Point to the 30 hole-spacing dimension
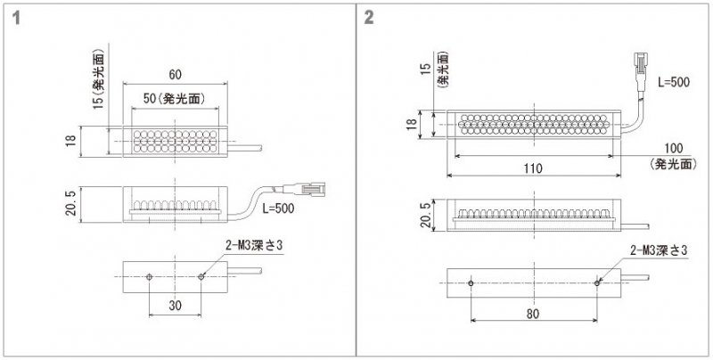click(x=175, y=305)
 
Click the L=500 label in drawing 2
click(x=674, y=81)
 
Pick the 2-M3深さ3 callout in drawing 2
click(x=660, y=250)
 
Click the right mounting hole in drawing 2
click(x=597, y=283)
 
